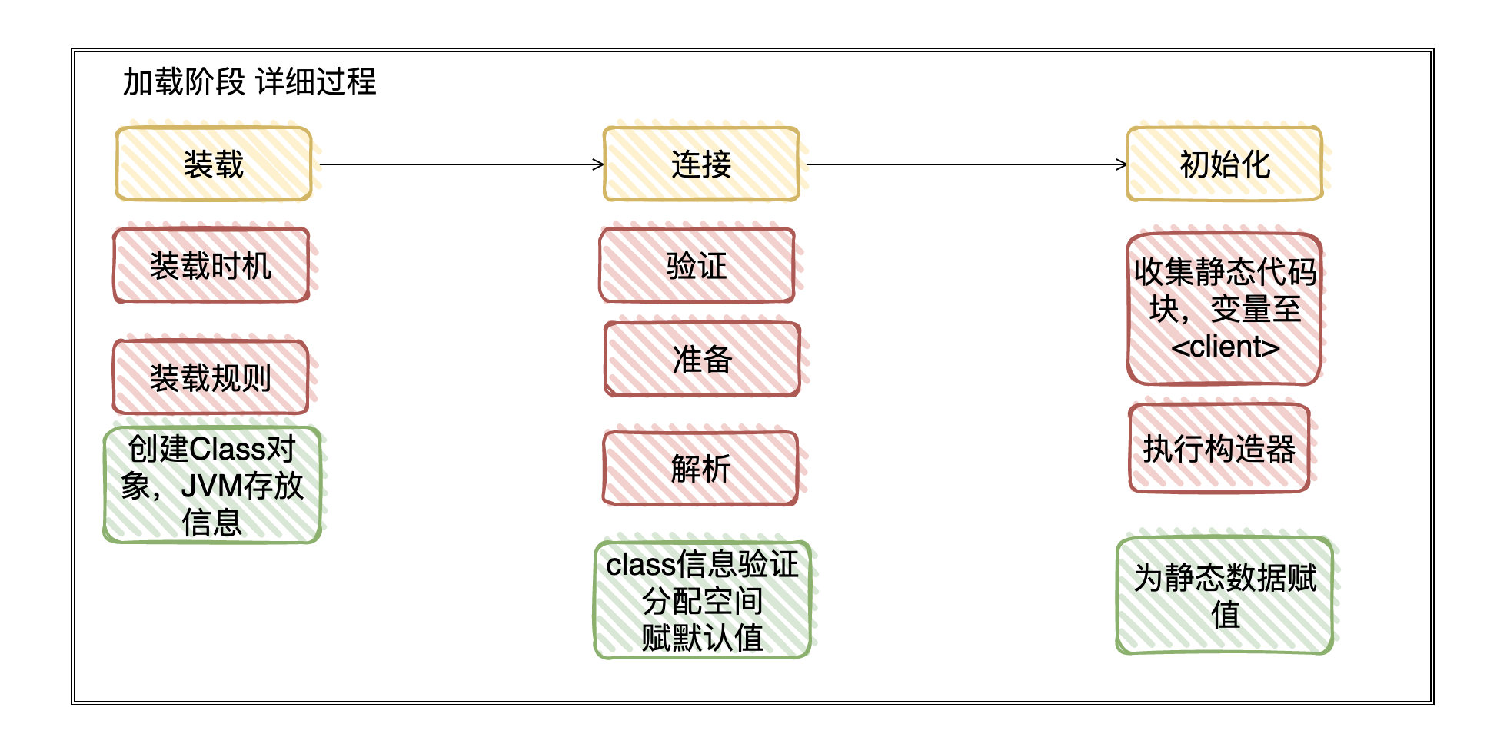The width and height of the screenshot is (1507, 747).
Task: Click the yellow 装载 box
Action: [x=214, y=164]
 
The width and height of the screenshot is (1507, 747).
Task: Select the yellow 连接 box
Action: [x=701, y=164]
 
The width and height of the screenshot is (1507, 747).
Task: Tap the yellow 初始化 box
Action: [x=1224, y=164]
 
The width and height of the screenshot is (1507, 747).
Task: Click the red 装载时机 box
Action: [x=211, y=266]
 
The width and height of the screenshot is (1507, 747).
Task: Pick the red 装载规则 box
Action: [x=211, y=377]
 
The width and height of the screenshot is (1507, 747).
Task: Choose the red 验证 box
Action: [x=697, y=266]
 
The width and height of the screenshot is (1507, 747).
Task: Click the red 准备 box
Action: [x=702, y=359]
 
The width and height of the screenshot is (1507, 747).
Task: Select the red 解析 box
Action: [x=700, y=469]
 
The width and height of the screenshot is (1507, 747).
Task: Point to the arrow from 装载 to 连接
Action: [x=461, y=164]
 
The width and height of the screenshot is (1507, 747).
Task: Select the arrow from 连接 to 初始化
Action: [x=965, y=164]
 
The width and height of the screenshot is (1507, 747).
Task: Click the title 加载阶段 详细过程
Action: [x=249, y=81]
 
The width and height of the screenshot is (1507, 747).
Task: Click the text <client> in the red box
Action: [x=1225, y=347]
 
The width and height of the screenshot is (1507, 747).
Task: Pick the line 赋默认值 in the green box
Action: [x=702, y=638]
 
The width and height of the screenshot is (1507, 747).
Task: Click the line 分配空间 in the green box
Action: [x=702, y=601]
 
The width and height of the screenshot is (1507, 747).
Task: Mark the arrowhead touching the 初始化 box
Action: [x=1122, y=164]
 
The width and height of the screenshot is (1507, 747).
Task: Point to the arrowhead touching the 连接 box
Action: [x=599, y=164]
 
